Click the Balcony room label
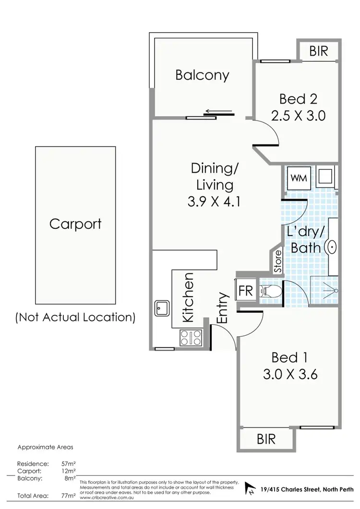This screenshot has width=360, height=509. tap(202, 75)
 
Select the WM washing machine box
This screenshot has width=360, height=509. tap(297, 178)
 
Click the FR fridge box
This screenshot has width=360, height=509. tap(246, 291)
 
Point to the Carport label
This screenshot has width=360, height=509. tap(76, 225)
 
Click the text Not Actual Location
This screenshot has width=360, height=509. tap(75, 317)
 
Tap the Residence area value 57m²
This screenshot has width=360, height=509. tap(69, 464)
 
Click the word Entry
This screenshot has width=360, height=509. tap(222, 308)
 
